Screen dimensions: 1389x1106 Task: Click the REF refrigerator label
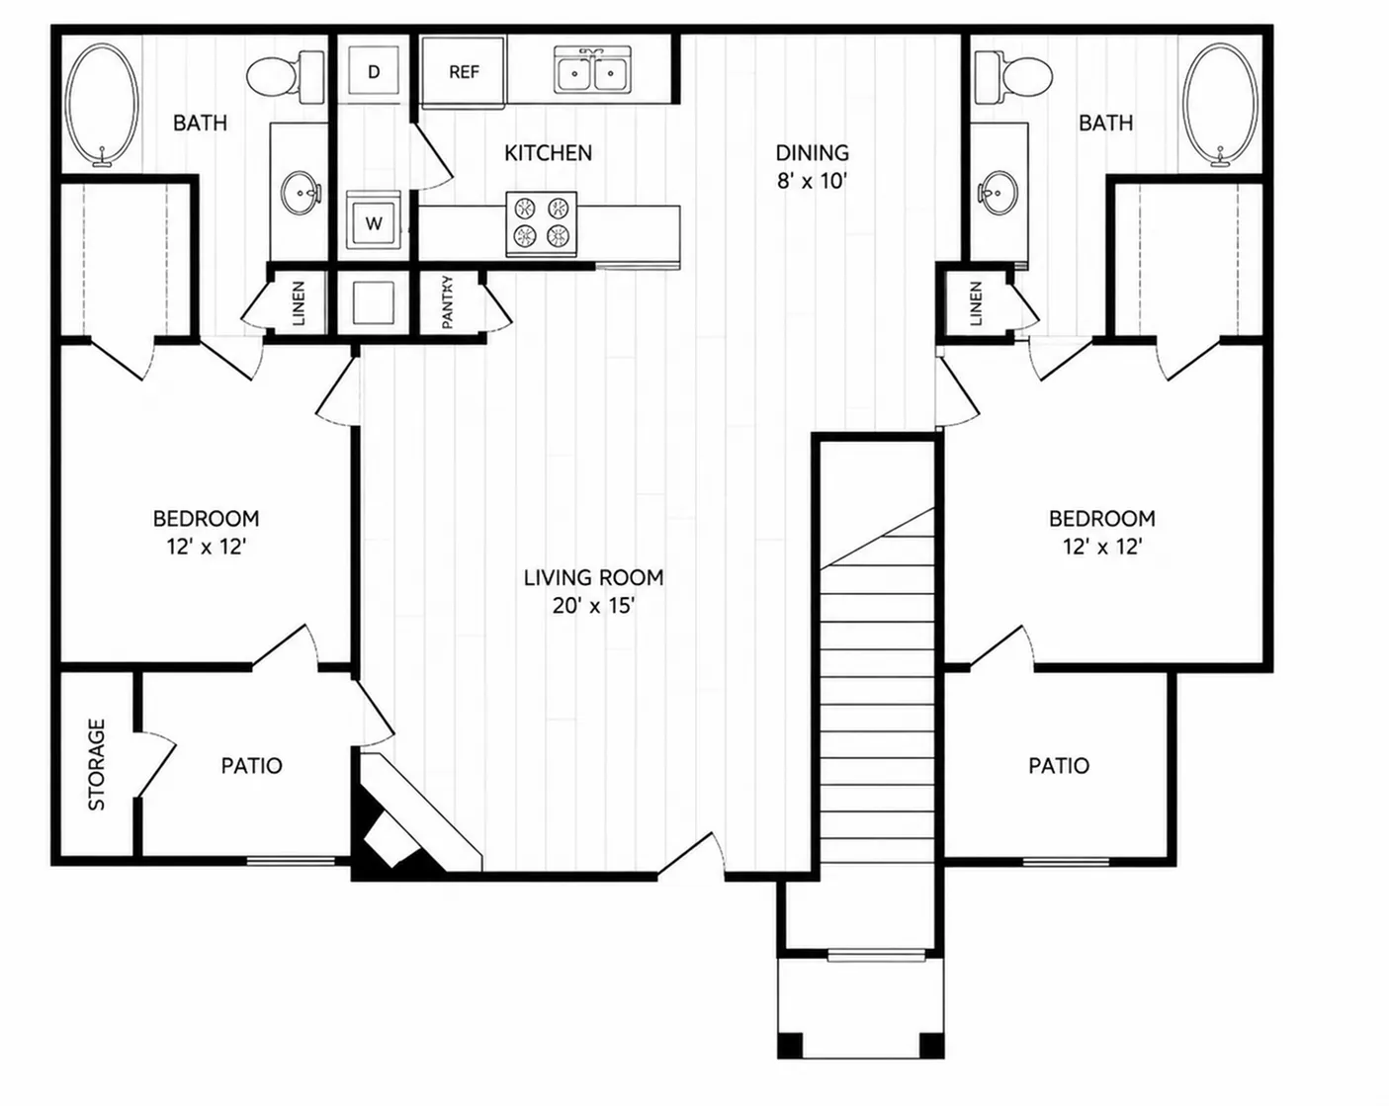coord(464,71)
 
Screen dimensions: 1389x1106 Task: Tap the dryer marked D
coord(374,70)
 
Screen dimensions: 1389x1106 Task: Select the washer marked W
coord(373,220)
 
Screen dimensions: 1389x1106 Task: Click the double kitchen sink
coord(592,70)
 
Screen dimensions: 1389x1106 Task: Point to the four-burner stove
coord(542,223)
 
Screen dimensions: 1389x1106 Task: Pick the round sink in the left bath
coord(301,191)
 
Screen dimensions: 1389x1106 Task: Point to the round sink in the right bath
coord(998,191)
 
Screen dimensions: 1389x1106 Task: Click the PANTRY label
coord(448,302)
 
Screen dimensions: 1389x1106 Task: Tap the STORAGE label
coord(96,765)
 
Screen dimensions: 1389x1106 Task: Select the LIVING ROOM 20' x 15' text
coord(593,592)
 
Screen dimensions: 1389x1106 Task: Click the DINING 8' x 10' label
coord(812,167)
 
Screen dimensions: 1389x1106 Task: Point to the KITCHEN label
coord(548,153)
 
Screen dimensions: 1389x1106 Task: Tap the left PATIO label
coord(252,766)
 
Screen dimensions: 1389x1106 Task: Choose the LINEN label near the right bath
coord(976,303)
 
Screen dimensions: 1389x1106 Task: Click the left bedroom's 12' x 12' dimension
coord(207,548)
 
